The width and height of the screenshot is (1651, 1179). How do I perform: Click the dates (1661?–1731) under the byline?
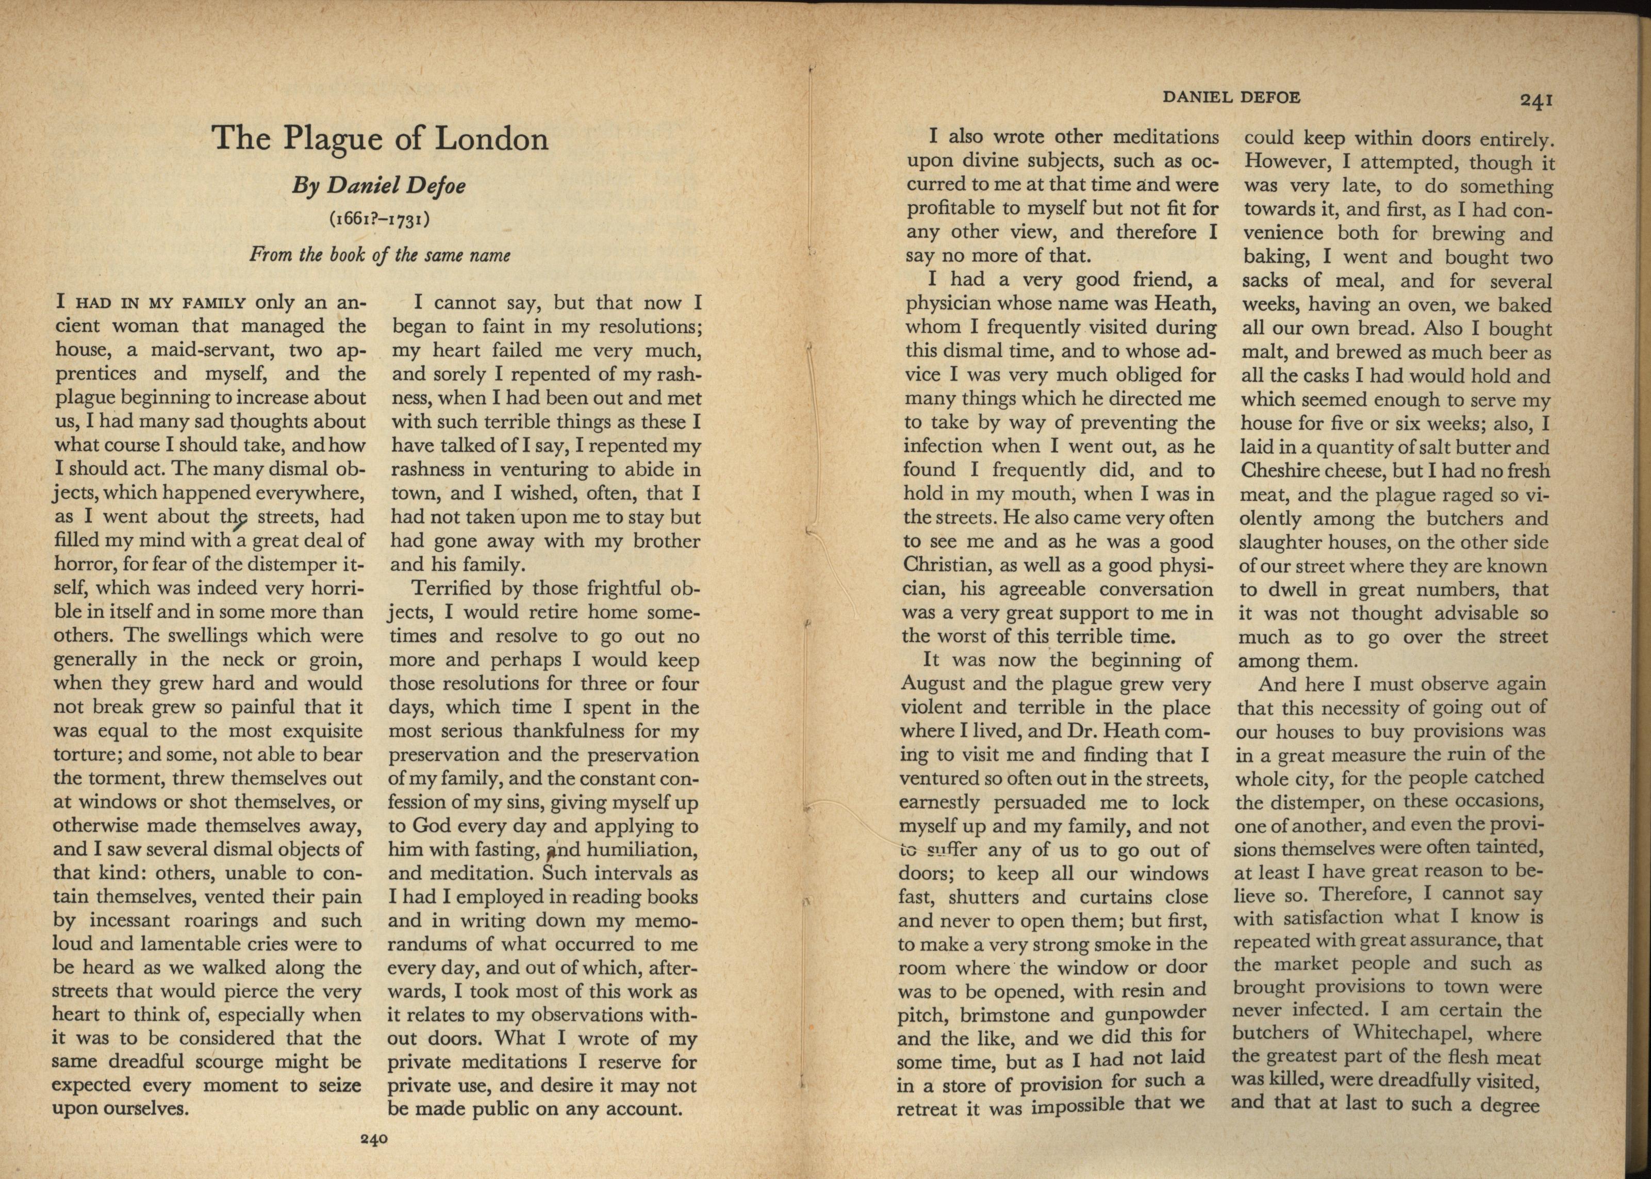379,219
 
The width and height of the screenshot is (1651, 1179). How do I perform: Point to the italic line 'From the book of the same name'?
379,255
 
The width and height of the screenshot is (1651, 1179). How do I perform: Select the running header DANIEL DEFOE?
1231,96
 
